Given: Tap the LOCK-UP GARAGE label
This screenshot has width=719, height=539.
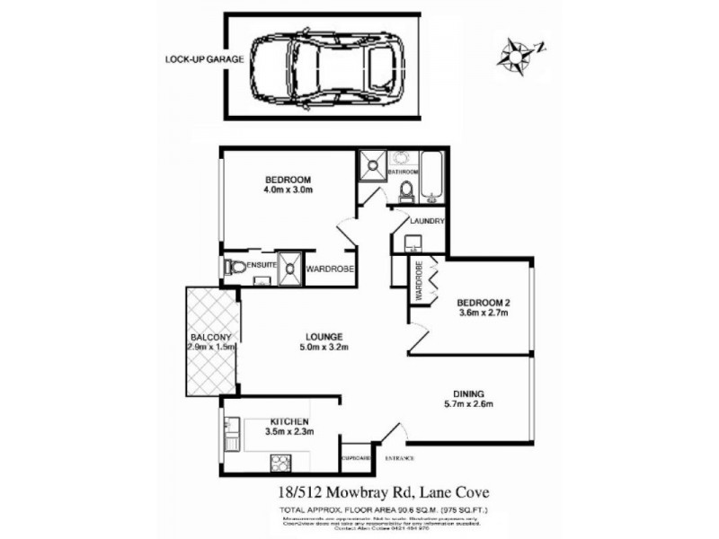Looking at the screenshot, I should [x=192, y=60].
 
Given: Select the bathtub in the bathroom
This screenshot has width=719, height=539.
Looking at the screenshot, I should [x=433, y=177].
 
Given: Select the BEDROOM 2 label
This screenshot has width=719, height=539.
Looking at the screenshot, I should [x=484, y=308].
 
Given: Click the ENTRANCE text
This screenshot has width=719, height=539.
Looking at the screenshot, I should [x=400, y=459].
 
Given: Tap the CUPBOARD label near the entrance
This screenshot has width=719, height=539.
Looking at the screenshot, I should [x=356, y=459].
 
